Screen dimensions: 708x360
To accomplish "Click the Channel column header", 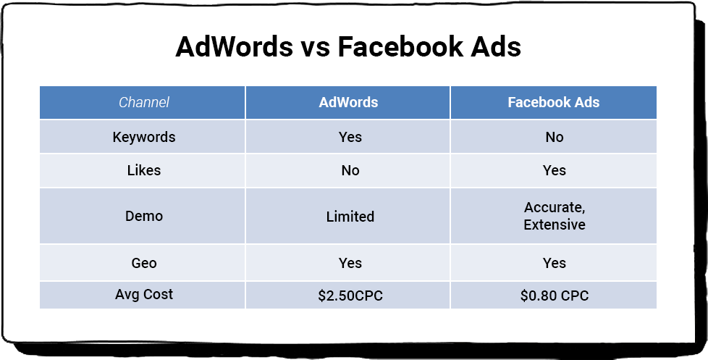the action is tap(144, 103).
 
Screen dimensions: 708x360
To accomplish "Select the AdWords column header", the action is tap(348, 102).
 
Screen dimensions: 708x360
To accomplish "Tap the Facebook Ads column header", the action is tap(554, 102).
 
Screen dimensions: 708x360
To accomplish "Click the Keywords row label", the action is tap(144, 137).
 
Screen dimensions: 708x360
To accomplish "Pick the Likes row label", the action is tap(144, 170).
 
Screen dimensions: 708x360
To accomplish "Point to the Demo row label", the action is tap(144, 216).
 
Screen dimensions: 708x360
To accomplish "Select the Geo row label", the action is tap(144, 263).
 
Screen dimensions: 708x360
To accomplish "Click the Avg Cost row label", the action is tap(144, 295).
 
